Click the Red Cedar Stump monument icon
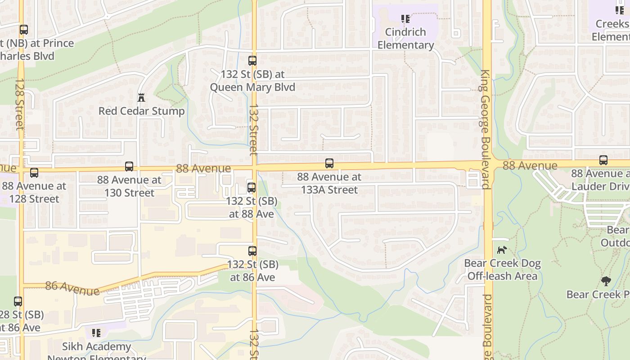[x=141, y=97]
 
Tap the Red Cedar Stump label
[x=141, y=111]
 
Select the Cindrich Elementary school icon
[x=405, y=19]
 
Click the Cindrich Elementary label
[x=405, y=39]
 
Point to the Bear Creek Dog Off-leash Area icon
[x=502, y=250]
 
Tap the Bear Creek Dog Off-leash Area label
[x=502, y=270]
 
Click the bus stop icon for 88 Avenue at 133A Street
[x=329, y=163]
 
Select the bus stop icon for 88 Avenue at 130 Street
[x=129, y=166]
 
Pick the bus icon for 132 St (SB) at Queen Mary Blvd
[x=252, y=60]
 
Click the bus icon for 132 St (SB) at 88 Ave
[x=252, y=188]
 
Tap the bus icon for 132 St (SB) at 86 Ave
[x=252, y=251]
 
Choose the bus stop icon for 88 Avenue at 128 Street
[x=34, y=172]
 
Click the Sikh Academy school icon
[x=96, y=333]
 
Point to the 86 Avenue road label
[x=72, y=288]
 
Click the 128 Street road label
[x=19, y=104]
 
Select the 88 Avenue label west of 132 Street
[x=203, y=168]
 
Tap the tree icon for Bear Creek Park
[x=606, y=281]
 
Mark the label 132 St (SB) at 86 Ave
[x=252, y=271]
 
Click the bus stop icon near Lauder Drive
[x=603, y=160]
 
